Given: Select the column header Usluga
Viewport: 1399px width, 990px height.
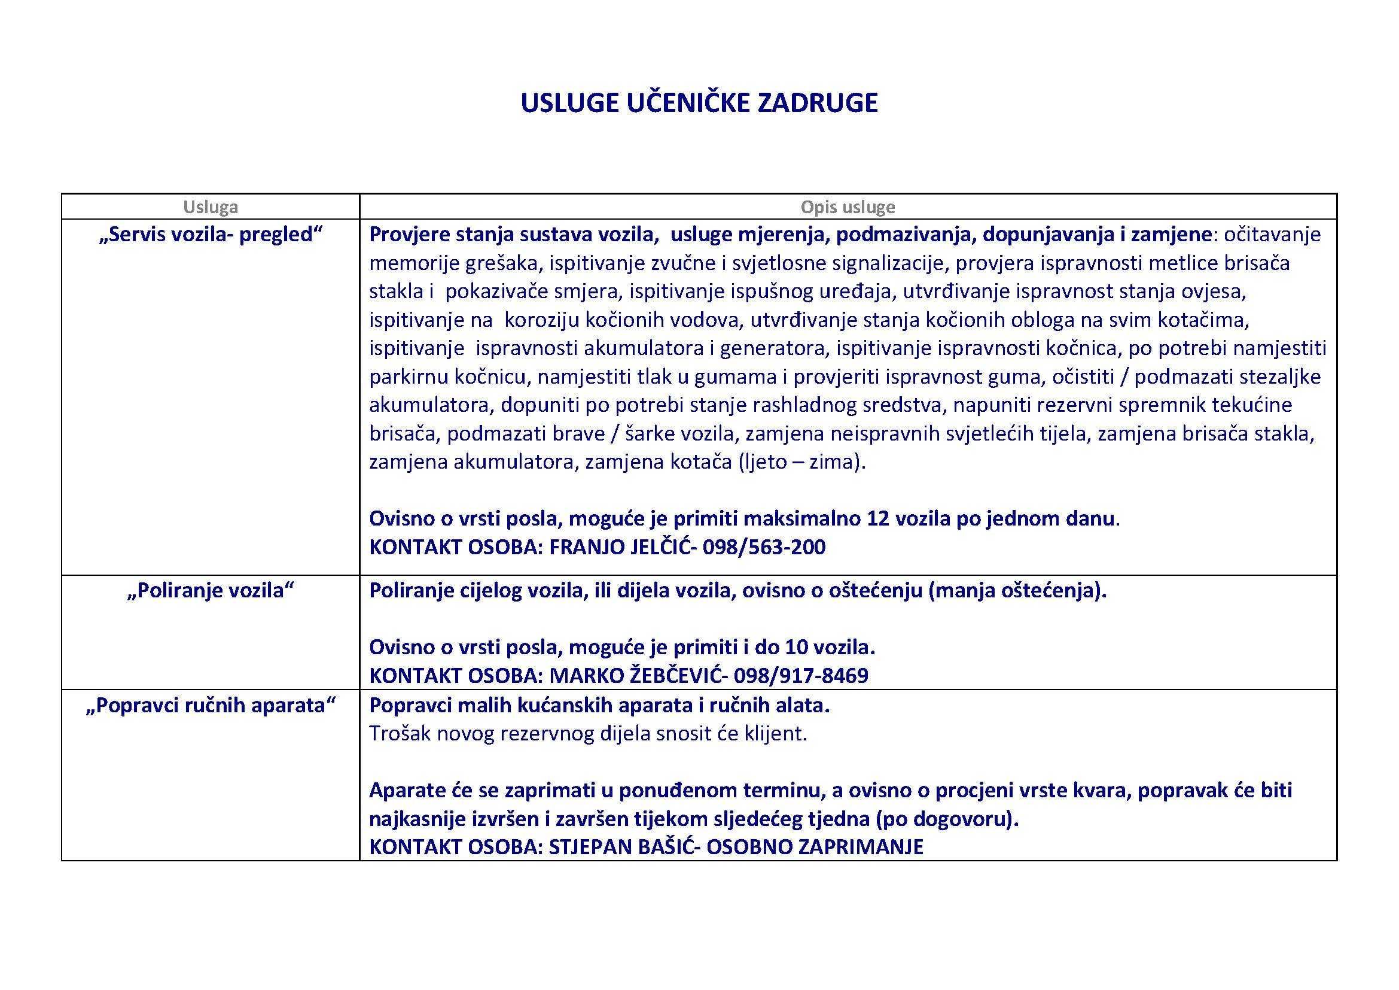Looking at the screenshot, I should click(x=210, y=207).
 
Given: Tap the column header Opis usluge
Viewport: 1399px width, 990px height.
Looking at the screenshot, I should click(x=848, y=207).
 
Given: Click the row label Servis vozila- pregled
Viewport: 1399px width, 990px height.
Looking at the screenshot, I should click(x=210, y=235).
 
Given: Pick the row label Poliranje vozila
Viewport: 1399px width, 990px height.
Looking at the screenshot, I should click(x=210, y=591).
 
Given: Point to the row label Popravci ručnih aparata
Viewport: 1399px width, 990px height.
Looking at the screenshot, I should click(x=210, y=705).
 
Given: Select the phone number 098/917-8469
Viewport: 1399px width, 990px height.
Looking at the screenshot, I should click(x=801, y=675).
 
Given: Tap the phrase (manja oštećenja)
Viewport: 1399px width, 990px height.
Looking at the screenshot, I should click(x=1017, y=591).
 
